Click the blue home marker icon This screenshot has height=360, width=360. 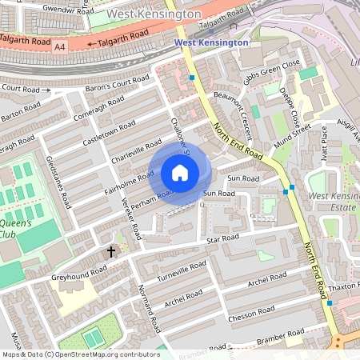pos(180,173)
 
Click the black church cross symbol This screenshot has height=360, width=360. pos(111,252)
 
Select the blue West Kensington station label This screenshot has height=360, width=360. pos(211,42)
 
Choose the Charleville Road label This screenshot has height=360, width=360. pos(137,147)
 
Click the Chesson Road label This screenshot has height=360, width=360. pos(251,310)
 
